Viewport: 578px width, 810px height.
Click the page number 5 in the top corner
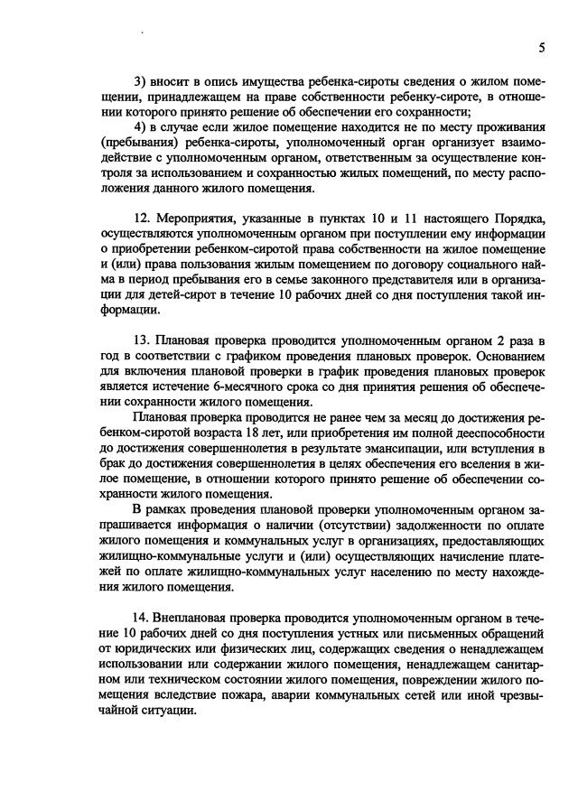coord(541,47)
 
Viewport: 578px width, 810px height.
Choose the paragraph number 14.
coord(142,617)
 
